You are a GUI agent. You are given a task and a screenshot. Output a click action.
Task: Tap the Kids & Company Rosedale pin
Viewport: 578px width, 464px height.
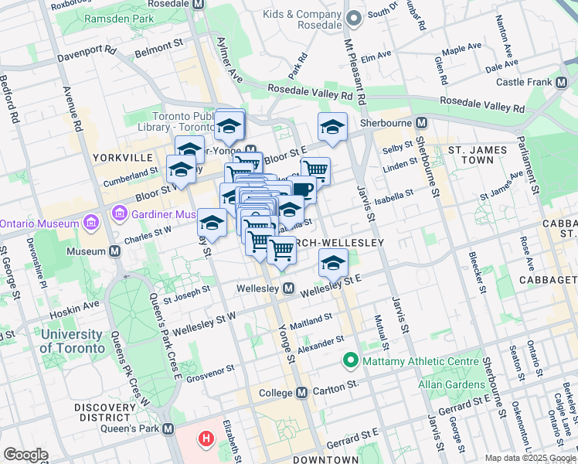(x=355, y=17)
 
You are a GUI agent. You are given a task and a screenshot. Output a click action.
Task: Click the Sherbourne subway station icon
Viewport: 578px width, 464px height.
(x=422, y=123)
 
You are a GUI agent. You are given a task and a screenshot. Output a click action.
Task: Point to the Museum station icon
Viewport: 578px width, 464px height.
(x=114, y=251)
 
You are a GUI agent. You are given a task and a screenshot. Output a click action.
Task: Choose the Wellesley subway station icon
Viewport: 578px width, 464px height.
(x=289, y=288)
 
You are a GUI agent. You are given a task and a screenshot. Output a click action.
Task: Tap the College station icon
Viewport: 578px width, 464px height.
(x=301, y=393)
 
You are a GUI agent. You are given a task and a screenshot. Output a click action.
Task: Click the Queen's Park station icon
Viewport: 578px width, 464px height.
(x=168, y=428)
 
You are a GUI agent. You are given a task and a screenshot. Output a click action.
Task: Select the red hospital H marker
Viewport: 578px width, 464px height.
(x=206, y=440)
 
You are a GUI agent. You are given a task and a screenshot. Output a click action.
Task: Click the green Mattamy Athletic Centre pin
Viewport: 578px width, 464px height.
(x=350, y=360)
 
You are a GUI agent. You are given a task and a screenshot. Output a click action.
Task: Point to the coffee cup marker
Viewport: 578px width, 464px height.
(x=304, y=189)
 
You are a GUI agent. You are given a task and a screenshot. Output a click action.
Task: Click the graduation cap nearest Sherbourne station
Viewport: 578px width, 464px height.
(x=332, y=127)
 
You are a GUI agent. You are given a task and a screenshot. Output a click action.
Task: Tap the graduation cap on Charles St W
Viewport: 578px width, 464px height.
(x=212, y=223)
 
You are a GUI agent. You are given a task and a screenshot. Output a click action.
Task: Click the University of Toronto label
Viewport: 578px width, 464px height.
(x=72, y=341)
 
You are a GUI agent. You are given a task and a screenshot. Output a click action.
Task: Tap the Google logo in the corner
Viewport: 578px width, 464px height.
(x=25, y=455)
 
